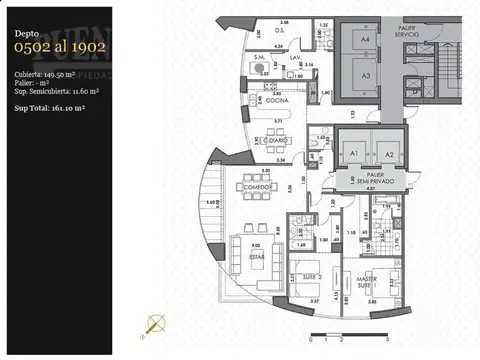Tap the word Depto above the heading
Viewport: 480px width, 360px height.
[28, 34]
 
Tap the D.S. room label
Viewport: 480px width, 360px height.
[283, 32]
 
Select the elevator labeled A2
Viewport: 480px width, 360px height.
[390, 153]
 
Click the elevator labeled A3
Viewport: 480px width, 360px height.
[366, 75]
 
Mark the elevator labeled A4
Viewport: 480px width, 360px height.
[366, 39]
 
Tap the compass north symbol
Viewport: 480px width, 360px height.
[154, 322]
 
